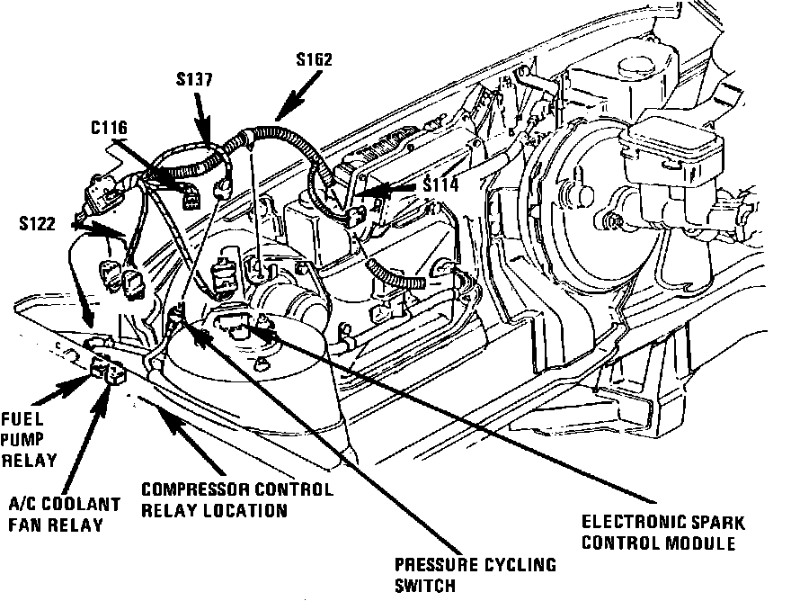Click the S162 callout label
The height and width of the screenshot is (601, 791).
point(315,59)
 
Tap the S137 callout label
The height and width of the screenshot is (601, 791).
point(194,79)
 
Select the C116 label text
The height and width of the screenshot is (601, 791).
point(109,128)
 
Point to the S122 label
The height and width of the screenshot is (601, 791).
point(38,223)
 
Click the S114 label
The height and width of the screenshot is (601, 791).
point(441,184)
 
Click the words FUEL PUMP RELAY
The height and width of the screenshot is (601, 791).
point(29,439)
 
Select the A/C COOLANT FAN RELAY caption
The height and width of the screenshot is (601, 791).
point(65,514)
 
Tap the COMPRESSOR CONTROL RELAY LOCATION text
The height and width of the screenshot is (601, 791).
point(237,499)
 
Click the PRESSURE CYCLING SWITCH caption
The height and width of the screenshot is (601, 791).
point(475,575)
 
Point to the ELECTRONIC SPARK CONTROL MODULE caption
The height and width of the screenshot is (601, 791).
point(663,533)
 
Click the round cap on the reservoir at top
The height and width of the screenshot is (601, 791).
point(636,67)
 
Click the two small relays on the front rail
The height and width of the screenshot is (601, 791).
point(108,372)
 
